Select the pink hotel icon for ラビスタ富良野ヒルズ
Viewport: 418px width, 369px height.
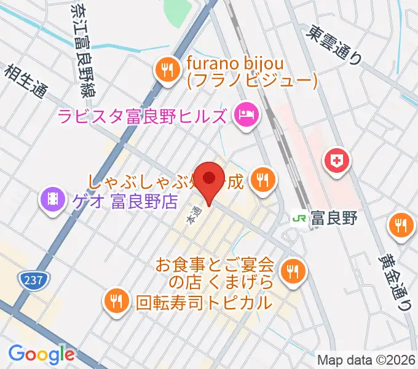click(246, 114)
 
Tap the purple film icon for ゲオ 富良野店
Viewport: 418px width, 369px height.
click(52, 199)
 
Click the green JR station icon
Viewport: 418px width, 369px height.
click(300, 217)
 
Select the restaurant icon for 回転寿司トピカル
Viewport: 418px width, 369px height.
click(116, 301)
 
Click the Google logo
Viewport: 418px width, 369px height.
click(41, 354)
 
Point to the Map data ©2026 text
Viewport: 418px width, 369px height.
click(367, 359)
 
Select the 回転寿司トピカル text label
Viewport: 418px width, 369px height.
click(203, 302)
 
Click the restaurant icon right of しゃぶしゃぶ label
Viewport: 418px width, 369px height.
click(264, 180)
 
